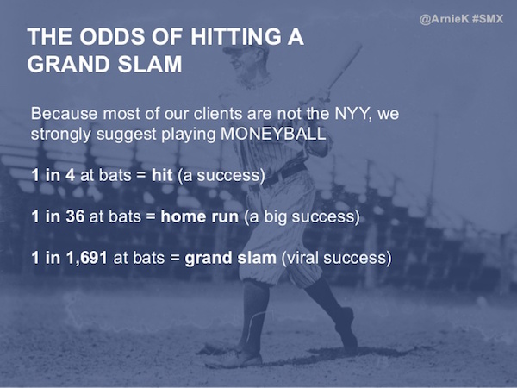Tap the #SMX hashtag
(x=489, y=18)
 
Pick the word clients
(x=222, y=114)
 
